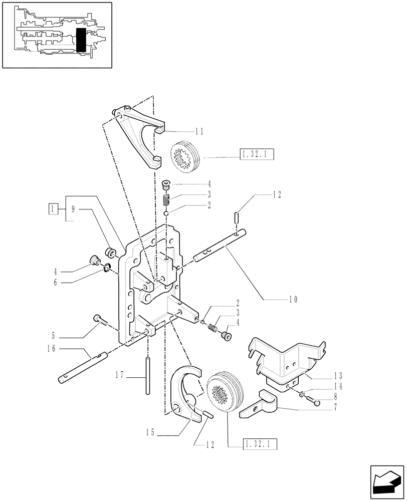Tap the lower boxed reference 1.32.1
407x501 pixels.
click(261, 443)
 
